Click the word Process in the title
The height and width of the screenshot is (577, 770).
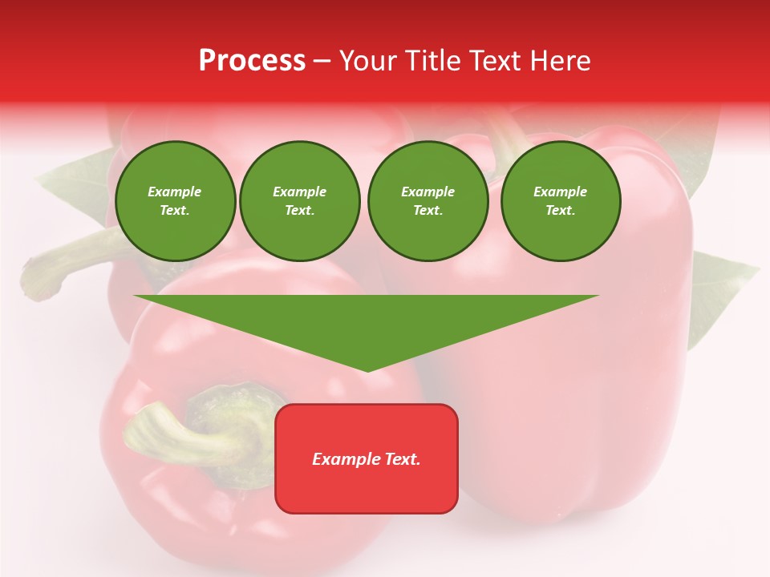tap(252, 61)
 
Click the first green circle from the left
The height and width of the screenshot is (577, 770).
tap(175, 201)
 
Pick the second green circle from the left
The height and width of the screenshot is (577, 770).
tap(300, 201)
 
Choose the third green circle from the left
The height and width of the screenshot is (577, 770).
tap(428, 201)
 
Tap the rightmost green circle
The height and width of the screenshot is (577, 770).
tap(561, 201)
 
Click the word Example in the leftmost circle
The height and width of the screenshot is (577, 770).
tap(175, 192)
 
